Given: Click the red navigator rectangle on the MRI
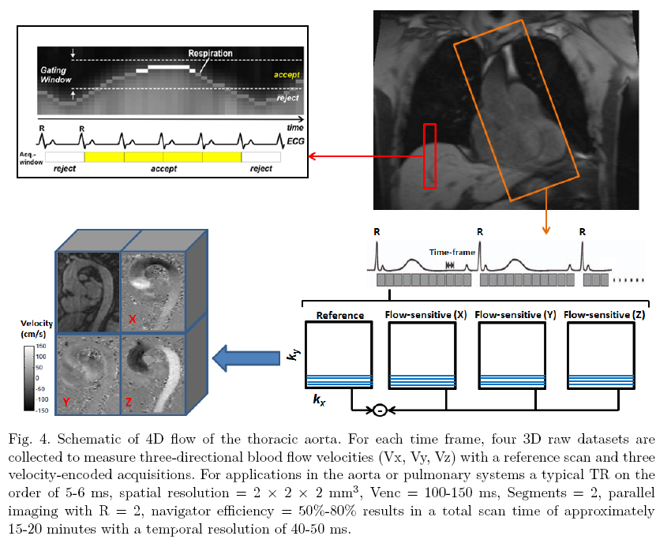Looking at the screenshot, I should [429, 155].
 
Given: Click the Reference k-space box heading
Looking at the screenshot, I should [339, 315].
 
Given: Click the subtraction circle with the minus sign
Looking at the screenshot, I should [379, 410].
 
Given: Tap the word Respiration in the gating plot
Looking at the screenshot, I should [210, 54].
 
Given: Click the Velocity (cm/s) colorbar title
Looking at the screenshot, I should [22, 329].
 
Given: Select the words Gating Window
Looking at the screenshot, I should [56, 74].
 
